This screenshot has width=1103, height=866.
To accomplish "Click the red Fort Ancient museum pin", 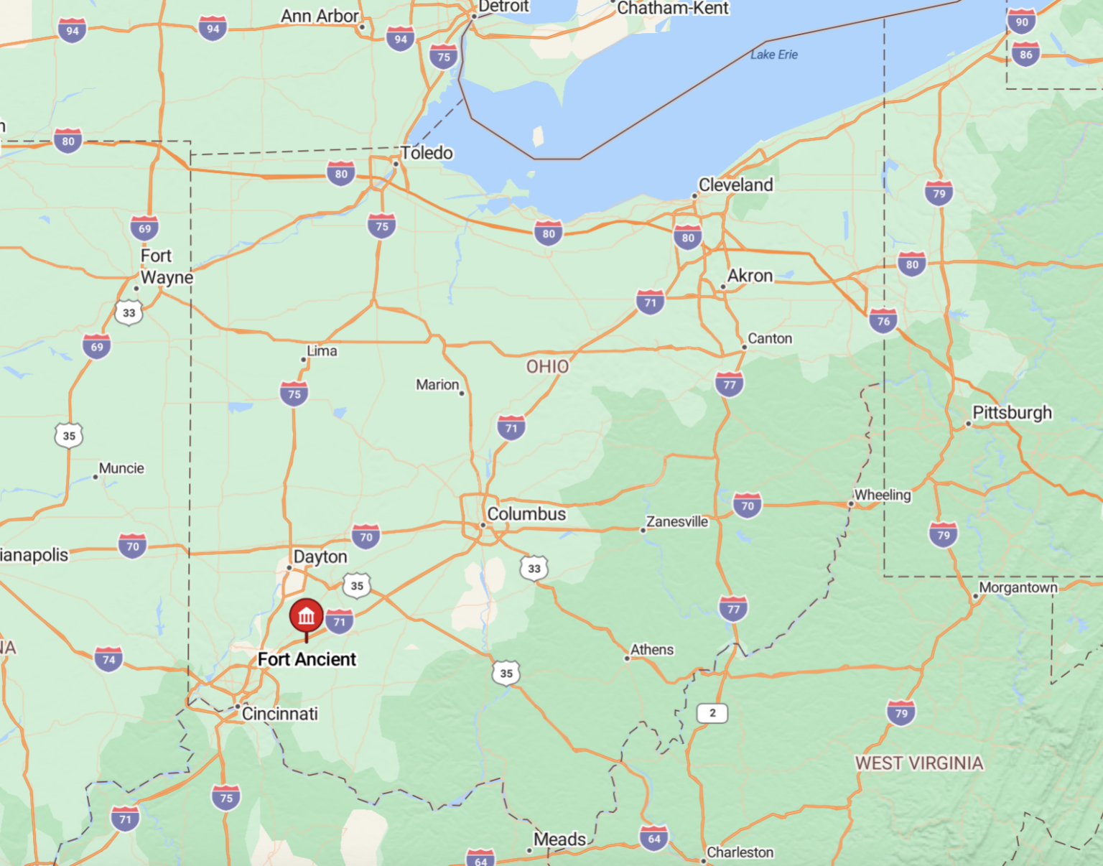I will pos(307,617).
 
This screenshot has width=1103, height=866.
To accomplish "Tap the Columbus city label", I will pos(526,514).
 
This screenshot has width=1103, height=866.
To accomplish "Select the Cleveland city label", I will pos(735,185).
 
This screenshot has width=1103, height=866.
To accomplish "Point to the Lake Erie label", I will pos(774,55).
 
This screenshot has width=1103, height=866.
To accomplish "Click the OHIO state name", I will pos(547,367).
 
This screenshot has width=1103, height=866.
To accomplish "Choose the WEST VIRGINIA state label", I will pos(918,763).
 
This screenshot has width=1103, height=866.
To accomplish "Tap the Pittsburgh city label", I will pos(1012,413).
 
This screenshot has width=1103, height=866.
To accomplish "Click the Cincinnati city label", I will pos(279,714).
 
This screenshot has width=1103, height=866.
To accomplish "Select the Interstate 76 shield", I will pos(883,321).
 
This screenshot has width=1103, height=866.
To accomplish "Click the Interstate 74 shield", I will pos(108,659).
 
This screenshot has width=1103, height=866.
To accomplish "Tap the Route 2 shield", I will pos(712,713).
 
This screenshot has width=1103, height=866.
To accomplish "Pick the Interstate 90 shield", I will pos(1022,22).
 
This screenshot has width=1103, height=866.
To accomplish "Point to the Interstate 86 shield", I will pos(1025,54).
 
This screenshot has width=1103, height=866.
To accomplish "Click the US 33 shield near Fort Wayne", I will pos(129,312).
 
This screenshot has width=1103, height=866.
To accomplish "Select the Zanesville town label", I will pos(676,522).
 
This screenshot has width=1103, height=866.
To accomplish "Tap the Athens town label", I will pos(652,650).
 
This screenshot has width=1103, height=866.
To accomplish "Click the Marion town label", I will pos(437,385).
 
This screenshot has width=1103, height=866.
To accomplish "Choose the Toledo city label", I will pos(427,153).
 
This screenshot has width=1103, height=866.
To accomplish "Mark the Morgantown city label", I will pos(1018,588).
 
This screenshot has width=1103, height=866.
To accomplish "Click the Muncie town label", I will pos(121,468).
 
